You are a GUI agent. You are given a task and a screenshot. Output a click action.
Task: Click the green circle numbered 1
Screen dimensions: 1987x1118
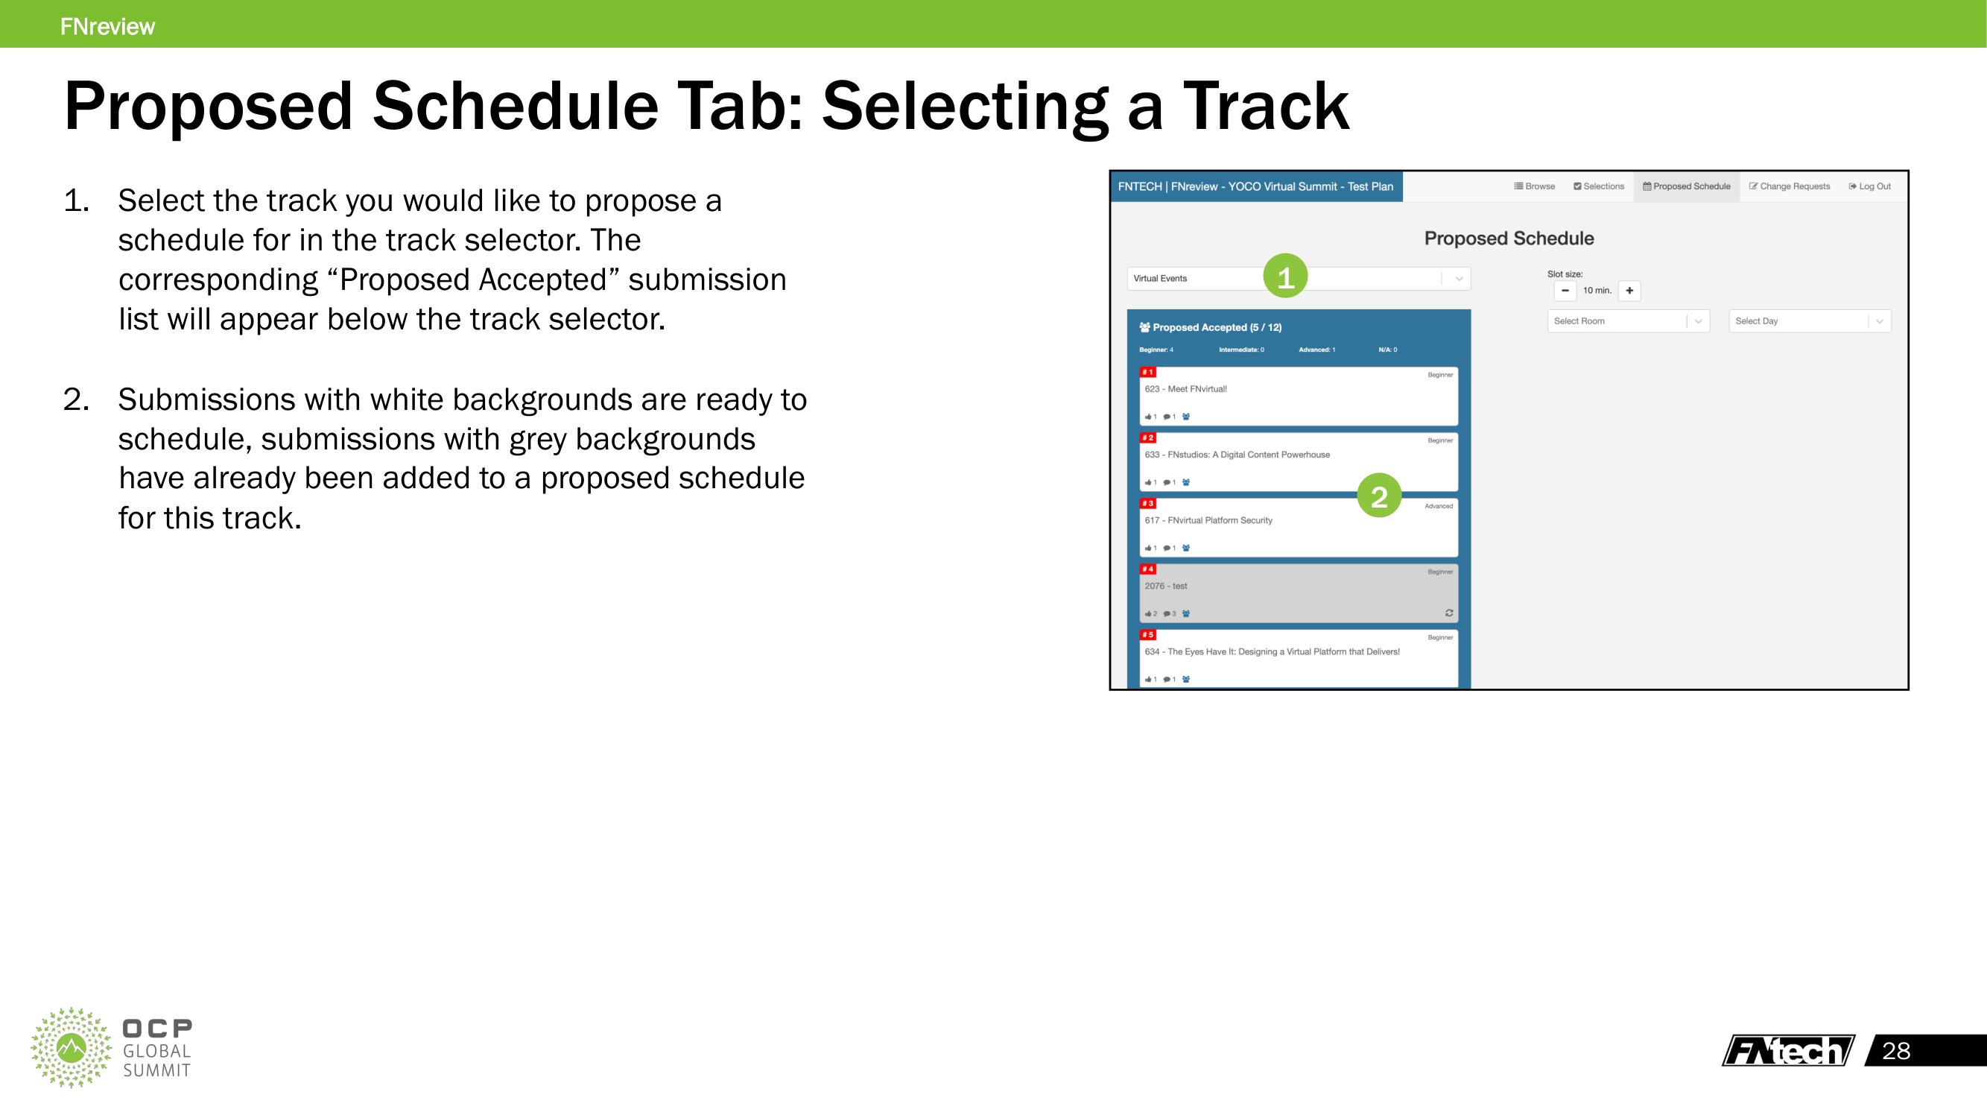click(1285, 277)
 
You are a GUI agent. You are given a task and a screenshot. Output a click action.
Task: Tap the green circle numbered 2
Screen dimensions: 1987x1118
click(1379, 496)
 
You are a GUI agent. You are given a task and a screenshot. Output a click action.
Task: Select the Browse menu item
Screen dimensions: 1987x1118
click(1534, 186)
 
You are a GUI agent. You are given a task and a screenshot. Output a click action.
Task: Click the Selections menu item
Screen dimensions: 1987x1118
click(1598, 186)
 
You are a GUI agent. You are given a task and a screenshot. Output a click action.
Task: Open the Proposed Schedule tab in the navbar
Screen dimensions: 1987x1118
click(1686, 186)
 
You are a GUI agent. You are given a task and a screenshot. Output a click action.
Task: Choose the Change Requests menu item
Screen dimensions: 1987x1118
click(1789, 186)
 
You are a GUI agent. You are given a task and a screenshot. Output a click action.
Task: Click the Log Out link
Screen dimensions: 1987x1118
click(1869, 186)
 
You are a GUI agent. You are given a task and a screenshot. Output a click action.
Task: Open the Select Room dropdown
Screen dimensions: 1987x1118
click(1629, 321)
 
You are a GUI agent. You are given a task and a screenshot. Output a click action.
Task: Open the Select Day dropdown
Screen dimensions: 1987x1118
click(1810, 321)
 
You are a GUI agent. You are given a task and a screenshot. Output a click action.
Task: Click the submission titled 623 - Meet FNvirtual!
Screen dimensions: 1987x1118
click(1185, 389)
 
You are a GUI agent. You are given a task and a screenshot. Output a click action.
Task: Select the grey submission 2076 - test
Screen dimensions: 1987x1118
click(1299, 593)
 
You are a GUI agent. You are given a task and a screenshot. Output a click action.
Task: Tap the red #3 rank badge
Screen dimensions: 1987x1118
click(1148, 503)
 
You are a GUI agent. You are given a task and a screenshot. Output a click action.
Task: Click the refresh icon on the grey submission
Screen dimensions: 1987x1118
click(1448, 613)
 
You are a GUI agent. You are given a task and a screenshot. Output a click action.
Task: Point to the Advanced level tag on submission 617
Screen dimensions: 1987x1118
click(1439, 506)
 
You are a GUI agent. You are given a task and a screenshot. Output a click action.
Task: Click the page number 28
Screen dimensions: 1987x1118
click(1896, 1051)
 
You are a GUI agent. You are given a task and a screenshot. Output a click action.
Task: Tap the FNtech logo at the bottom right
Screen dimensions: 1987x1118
click(1788, 1050)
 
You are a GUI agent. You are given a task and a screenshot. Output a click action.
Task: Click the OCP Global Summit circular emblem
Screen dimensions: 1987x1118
click(71, 1048)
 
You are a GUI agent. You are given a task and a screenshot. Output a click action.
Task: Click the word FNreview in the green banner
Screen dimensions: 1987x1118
click(107, 26)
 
